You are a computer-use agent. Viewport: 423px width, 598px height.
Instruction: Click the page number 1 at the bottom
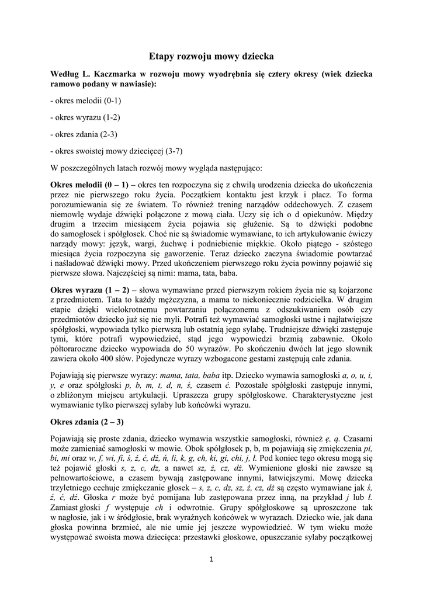[x=211, y=559]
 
